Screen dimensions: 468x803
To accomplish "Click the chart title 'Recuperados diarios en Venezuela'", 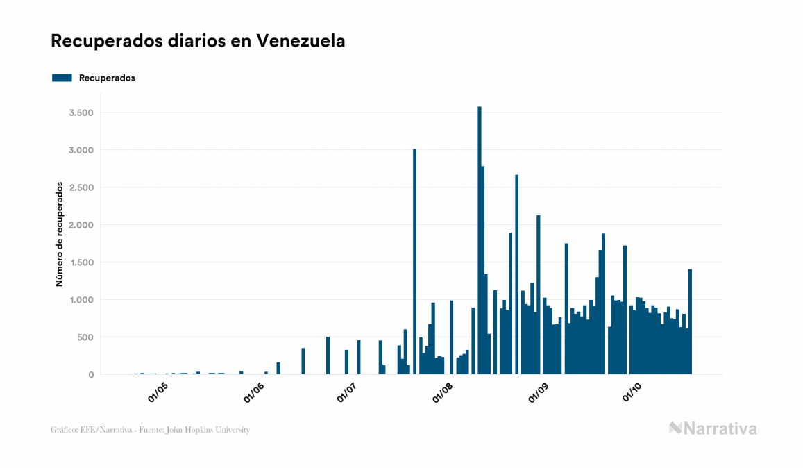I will click(198, 41).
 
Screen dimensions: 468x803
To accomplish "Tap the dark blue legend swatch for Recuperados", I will click(62, 78).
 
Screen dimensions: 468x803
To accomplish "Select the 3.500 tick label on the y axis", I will click(80, 112).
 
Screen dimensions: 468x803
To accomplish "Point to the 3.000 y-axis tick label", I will click(80, 150).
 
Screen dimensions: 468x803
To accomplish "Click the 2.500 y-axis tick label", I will click(80, 187).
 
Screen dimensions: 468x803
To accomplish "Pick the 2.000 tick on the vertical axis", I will click(80, 225).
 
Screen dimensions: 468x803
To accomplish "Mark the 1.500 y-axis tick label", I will click(80, 262).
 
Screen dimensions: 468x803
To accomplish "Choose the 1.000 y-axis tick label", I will click(80, 300).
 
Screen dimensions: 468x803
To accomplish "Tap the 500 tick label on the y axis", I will click(84, 337).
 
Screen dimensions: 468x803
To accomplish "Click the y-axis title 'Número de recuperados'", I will click(60, 235).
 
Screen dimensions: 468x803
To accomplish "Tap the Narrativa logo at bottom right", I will click(713, 428).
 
